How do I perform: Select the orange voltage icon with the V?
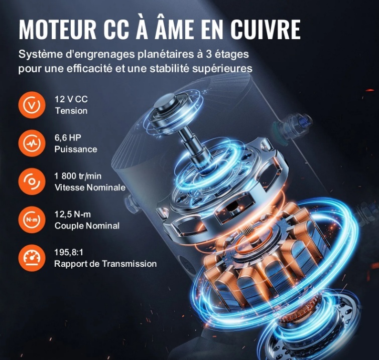pyautogui.click(x=32, y=105)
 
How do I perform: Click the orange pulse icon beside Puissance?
pyautogui.click(x=32, y=143)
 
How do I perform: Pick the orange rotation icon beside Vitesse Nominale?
pyautogui.click(x=32, y=182)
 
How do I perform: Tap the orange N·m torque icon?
pyautogui.click(x=32, y=220)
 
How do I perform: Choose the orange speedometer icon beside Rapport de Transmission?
pyautogui.click(x=32, y=258)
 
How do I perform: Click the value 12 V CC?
pyautogui.click(x=71, y=99)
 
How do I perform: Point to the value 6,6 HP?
pyautogui.click(x=68, y=137)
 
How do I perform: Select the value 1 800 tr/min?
pyautogui.click(x=78, y=176)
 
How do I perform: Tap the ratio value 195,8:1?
pyautogui.click(x=69, y=252)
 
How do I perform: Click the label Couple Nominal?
pyautogui.click(x=87, y=226)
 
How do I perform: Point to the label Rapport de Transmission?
pyautogui.click(x=105, y=264)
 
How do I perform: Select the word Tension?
pyautogui.click(x=71, y=111)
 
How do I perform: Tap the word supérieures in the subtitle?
pyautogui.click(x=222, y=69)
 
